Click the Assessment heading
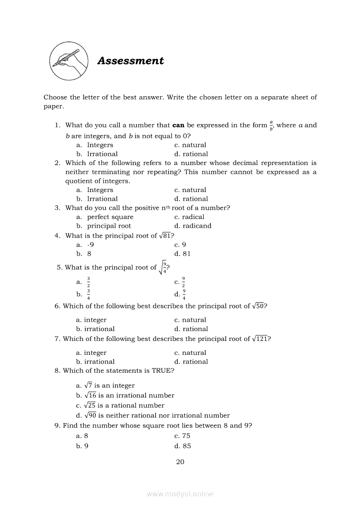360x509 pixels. coord(130,61)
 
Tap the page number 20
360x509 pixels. coord(180,462)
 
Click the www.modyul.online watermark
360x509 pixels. coord(180,494)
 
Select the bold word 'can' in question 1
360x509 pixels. coord(179,125)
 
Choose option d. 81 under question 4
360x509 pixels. coord(182,254)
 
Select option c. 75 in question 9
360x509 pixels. coord(182,436)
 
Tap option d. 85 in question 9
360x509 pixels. coord(182,446)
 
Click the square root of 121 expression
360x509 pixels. coord(260,339)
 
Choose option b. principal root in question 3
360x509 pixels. coord(104,226)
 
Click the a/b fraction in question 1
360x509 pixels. coord(271,126)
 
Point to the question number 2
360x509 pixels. coord(57,163)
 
